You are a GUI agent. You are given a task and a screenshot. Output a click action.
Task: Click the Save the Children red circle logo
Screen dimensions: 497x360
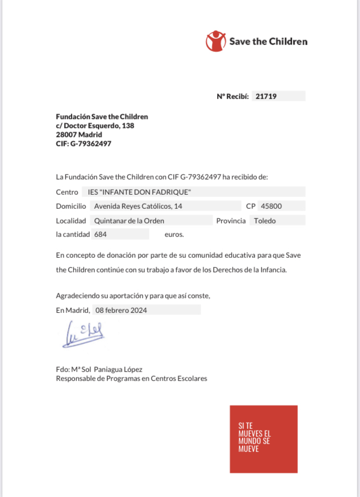click(215, 41)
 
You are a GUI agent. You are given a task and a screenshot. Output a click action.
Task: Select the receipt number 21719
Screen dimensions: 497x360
click(266, 96)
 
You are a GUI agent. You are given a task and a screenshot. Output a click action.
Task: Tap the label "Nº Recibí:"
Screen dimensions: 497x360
click(232, 96)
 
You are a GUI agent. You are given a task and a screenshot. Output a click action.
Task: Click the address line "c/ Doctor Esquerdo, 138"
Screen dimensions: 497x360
click(95, 126)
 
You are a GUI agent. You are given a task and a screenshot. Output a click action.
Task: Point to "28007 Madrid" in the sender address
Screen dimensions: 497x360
click(79, 135)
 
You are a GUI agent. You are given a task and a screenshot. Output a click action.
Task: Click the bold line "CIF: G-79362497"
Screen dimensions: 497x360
click(84, 144)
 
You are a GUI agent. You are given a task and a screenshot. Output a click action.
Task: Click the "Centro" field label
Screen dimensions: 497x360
click(67, 192)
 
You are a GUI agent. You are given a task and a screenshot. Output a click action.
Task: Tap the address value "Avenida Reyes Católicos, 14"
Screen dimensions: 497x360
click(138, 206)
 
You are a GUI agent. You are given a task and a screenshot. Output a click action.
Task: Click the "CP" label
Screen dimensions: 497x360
click(251, 206)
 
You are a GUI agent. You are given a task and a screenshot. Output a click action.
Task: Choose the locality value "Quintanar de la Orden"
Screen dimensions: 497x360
click(129, 221)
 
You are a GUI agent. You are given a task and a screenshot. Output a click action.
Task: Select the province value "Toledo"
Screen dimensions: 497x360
click(265, 221)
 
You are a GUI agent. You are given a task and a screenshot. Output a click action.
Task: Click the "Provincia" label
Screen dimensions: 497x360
click(231, 221)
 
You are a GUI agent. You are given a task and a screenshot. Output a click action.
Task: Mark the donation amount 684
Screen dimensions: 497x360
click(101, 234)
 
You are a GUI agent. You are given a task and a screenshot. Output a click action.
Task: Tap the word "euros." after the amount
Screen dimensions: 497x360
click(174, 234)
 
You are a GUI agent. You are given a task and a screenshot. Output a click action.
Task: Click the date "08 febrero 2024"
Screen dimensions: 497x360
click(121, 310)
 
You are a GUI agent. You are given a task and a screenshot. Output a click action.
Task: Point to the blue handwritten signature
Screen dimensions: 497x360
click(83, 333)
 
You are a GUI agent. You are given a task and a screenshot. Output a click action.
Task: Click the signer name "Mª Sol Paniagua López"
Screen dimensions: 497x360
click(106, 369)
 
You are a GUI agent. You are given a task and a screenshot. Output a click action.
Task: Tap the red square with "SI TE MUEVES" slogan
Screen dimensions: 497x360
click(263, 439)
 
